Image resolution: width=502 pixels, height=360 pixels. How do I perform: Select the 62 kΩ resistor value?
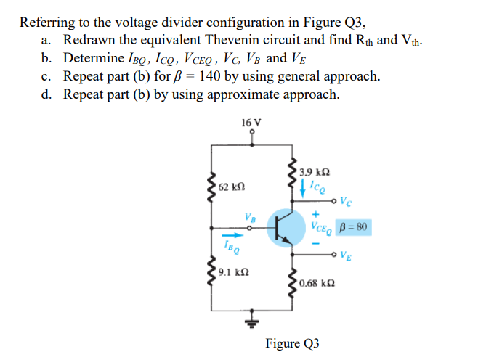232,187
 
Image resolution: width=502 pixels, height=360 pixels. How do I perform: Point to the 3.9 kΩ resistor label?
314,172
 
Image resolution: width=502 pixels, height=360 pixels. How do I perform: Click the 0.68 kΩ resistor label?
316,281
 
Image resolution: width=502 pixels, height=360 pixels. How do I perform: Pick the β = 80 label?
353,227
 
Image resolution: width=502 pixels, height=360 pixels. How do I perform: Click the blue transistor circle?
286,227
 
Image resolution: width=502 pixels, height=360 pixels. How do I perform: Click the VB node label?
250,215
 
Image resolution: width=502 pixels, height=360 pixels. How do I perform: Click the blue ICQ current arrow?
303,188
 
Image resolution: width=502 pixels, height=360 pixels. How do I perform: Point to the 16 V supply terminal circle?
252,133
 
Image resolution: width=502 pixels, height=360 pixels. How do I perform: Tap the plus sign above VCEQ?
316,215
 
